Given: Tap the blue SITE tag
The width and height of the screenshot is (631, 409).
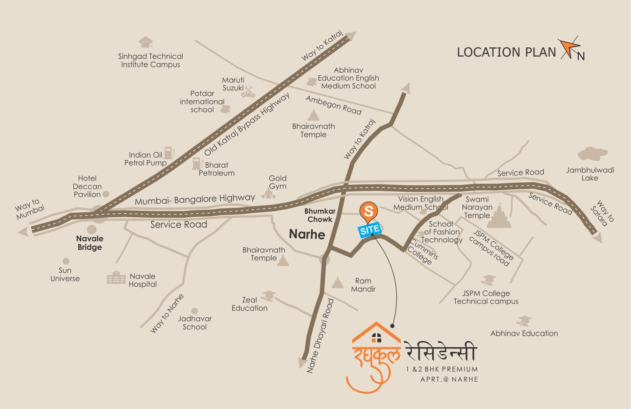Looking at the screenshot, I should [x=369, y=229].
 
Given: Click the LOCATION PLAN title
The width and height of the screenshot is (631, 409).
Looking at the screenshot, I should [x=506, y=53].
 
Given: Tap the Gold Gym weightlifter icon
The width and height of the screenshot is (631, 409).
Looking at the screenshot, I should [x=268, y=194].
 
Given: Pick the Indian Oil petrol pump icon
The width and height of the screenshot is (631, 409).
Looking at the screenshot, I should [x=169, y=153].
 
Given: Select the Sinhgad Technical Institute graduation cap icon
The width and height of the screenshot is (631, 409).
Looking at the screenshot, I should [x=145, y=42].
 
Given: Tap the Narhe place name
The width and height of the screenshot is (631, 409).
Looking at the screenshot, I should [x=307, y=234].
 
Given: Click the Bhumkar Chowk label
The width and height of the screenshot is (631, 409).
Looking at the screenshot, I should [x=320, y=215].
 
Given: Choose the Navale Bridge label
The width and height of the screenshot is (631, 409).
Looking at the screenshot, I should [x=89, y=243].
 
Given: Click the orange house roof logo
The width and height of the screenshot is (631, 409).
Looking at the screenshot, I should [x=376, y=334].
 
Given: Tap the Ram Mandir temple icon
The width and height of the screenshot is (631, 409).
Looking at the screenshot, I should [x=338, y=283].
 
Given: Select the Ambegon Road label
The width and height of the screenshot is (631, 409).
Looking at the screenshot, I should [x=333, y=105].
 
